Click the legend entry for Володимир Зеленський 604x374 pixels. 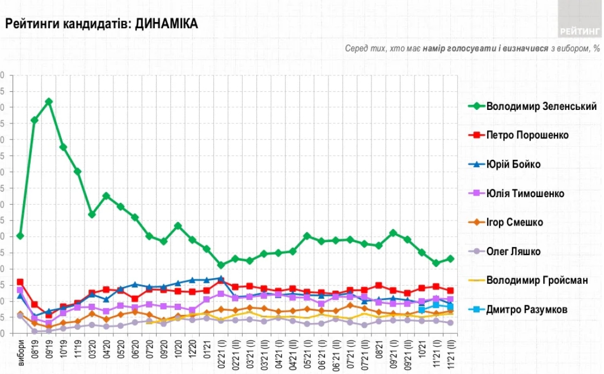[x=541, y=106]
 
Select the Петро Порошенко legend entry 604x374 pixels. [x=527, y=135]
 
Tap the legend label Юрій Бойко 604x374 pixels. [x=513, y=164]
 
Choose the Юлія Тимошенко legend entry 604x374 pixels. [x=525, y=194]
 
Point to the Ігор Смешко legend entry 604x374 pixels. [x=514, y=222]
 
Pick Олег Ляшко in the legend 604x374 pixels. [x=513, y=252]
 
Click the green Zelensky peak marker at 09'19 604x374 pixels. [x=49, y=101]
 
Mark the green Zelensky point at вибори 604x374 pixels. [x=20, y=236]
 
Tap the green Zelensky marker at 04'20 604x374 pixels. [x=106, y=196]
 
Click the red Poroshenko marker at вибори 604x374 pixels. [x=20, y=282]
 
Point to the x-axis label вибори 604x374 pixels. [x=21, y=349]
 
